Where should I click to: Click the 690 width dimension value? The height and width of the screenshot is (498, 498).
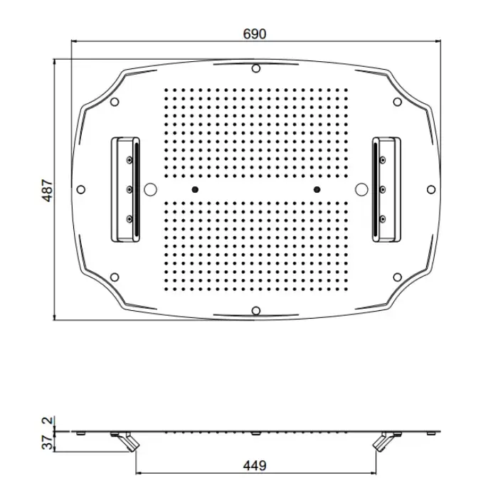255,33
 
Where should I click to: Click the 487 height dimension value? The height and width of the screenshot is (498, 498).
47,190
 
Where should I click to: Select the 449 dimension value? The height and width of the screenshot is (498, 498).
255,465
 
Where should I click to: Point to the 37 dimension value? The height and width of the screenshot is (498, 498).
47,443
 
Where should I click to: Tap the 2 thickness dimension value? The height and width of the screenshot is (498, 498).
47,420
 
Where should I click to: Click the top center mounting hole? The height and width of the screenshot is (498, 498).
255,68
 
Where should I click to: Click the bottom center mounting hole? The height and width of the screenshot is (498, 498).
255,311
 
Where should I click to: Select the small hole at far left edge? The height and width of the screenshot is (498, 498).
81,190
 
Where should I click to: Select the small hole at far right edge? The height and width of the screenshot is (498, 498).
431,190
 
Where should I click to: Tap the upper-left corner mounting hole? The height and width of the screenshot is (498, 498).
115,102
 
